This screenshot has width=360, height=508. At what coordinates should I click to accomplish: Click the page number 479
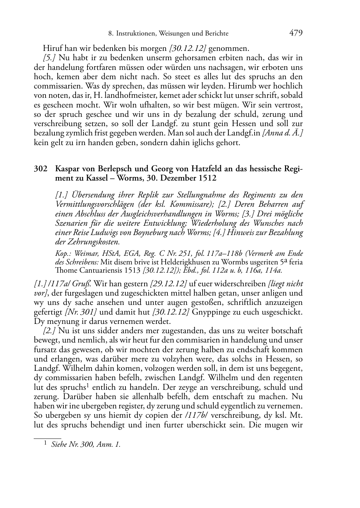click(296, 33)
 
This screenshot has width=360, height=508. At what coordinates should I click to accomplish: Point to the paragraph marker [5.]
click(49, 57)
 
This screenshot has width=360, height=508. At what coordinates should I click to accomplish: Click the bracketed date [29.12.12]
click(169, 284)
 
